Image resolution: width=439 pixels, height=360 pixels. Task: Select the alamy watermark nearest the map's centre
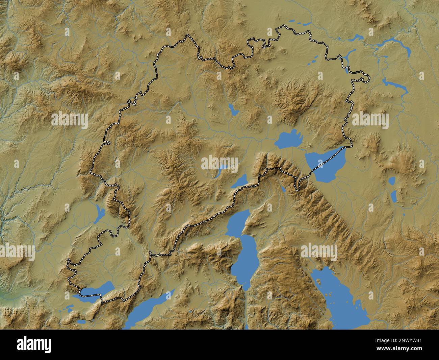pyautogui.click(x=219, y=163)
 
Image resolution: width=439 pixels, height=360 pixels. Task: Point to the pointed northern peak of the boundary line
pyautogui.click(x=188, y=35)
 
